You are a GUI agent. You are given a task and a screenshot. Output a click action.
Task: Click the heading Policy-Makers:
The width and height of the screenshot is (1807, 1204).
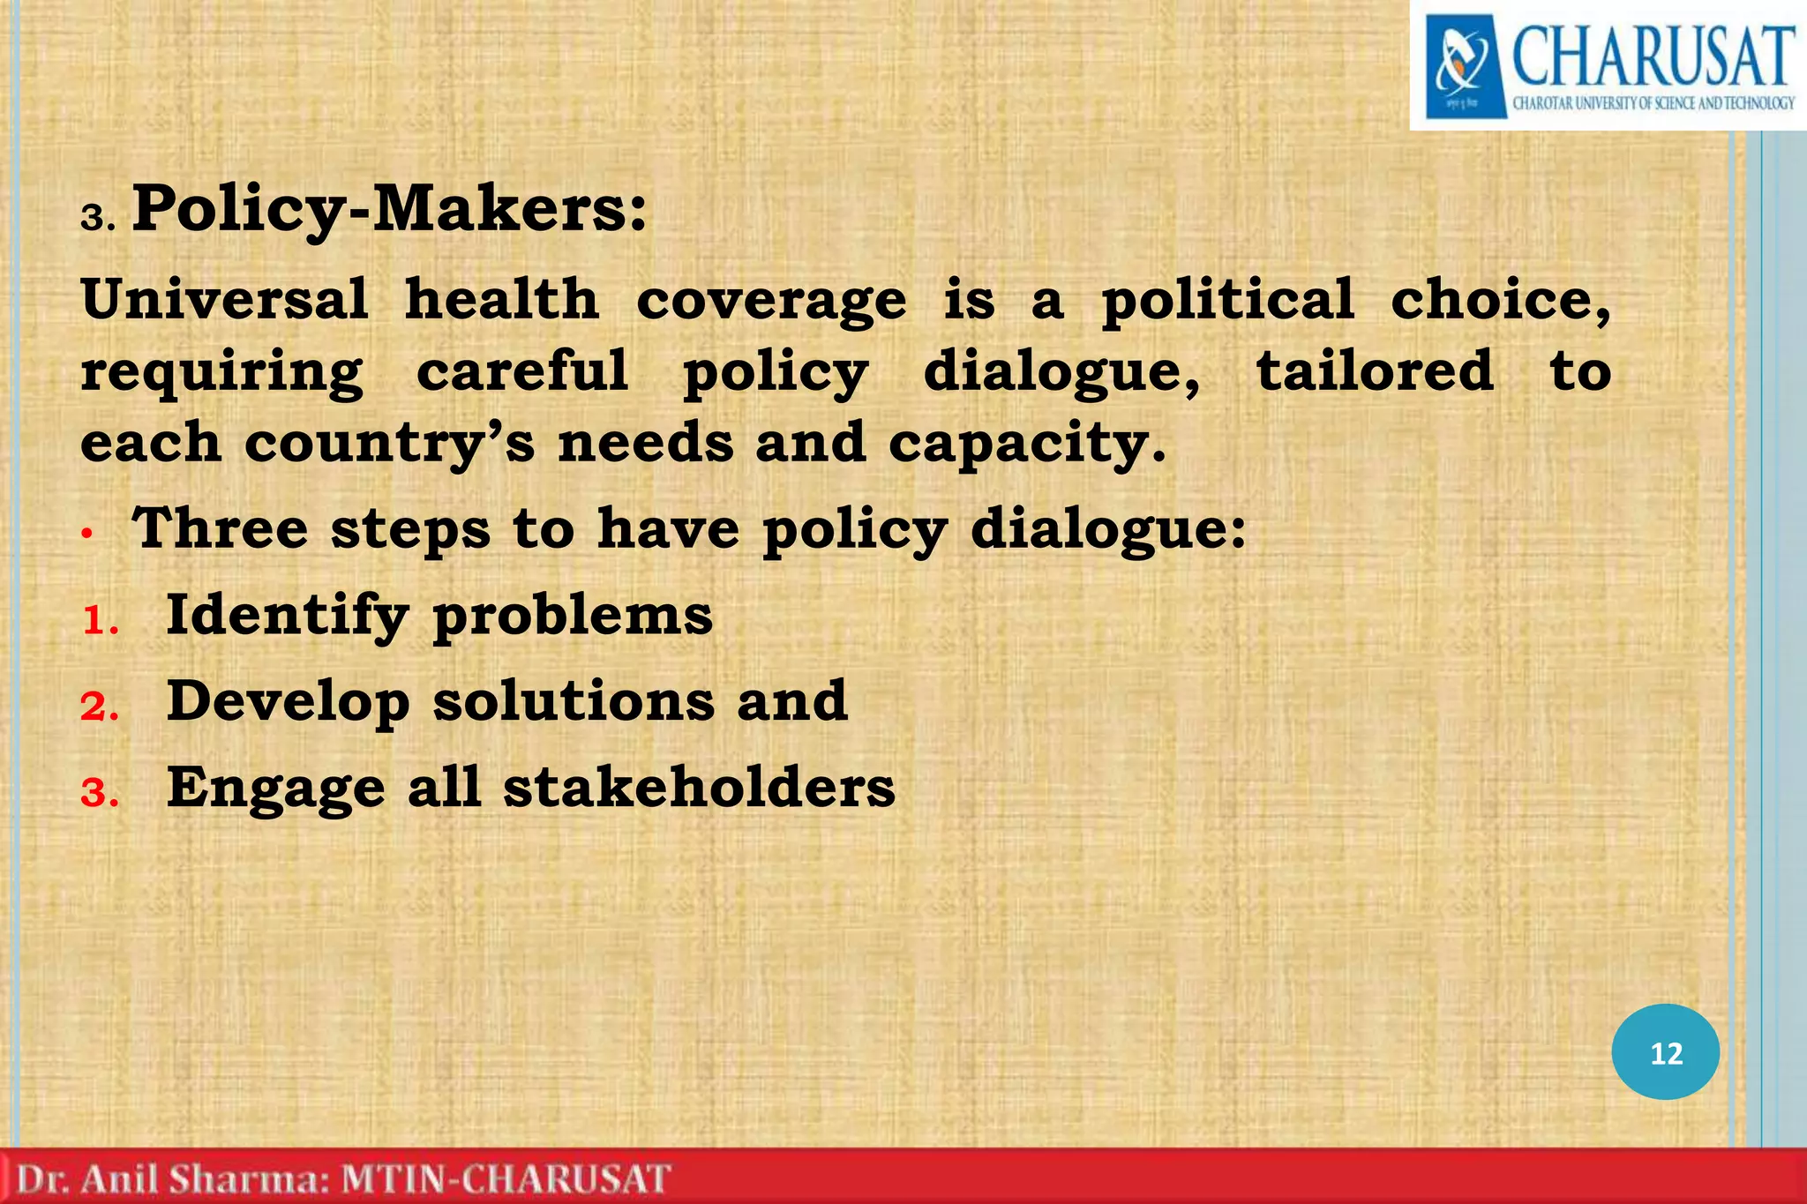388,210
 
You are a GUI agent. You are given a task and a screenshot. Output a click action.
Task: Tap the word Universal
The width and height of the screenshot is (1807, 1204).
224,299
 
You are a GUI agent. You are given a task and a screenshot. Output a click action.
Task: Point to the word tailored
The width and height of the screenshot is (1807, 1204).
1375,370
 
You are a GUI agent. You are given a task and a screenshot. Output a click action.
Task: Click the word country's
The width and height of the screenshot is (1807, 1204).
389,444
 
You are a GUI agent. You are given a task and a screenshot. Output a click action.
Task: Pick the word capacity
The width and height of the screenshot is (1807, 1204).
1026,444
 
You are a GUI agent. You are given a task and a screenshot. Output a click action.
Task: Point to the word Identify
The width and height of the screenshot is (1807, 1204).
287,616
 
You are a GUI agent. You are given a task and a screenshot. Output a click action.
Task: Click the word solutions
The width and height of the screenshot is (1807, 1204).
574,701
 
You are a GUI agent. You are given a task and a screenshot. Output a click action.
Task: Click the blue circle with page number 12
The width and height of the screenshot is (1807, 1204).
1665,1052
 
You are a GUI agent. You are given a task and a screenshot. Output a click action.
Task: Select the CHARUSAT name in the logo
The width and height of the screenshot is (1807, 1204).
1653,57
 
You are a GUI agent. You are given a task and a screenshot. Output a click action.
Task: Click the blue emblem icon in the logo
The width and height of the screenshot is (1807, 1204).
1463,67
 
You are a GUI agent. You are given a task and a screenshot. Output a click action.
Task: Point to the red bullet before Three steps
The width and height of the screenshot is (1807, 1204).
86,533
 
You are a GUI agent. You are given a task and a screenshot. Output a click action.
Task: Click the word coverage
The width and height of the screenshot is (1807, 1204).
770,301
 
